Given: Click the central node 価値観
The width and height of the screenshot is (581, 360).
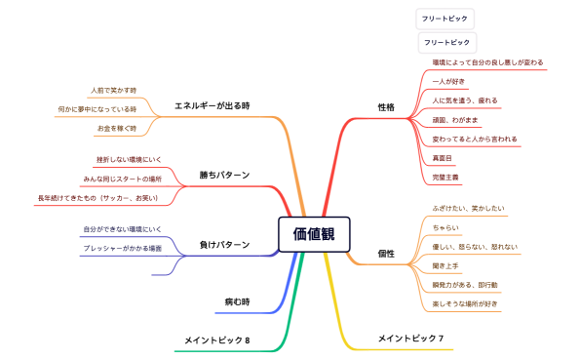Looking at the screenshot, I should [x=313, y=232].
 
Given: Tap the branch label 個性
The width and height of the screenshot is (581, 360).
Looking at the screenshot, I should [x=386, y=254].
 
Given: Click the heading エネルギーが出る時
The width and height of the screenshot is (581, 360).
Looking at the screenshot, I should [x=213, y=105].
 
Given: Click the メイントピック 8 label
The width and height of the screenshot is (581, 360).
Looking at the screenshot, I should [x=217, y=340].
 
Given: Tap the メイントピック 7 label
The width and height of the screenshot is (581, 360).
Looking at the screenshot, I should [x=410, y=339].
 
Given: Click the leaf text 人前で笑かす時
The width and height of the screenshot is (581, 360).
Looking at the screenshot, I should [x=114, y=90].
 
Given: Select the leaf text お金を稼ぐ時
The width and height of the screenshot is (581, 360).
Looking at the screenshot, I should [x=117, y=128].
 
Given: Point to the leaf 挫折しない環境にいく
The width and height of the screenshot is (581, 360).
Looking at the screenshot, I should [x=129, y=159].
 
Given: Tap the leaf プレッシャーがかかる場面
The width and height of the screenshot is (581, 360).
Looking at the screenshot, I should [x=124, y=249].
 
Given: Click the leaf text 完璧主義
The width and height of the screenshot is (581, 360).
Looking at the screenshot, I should [x=446, y=177].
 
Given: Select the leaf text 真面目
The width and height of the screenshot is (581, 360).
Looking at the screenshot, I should [x=443, y=157].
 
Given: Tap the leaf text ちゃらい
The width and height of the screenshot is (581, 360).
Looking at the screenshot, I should [x=445, y=227].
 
